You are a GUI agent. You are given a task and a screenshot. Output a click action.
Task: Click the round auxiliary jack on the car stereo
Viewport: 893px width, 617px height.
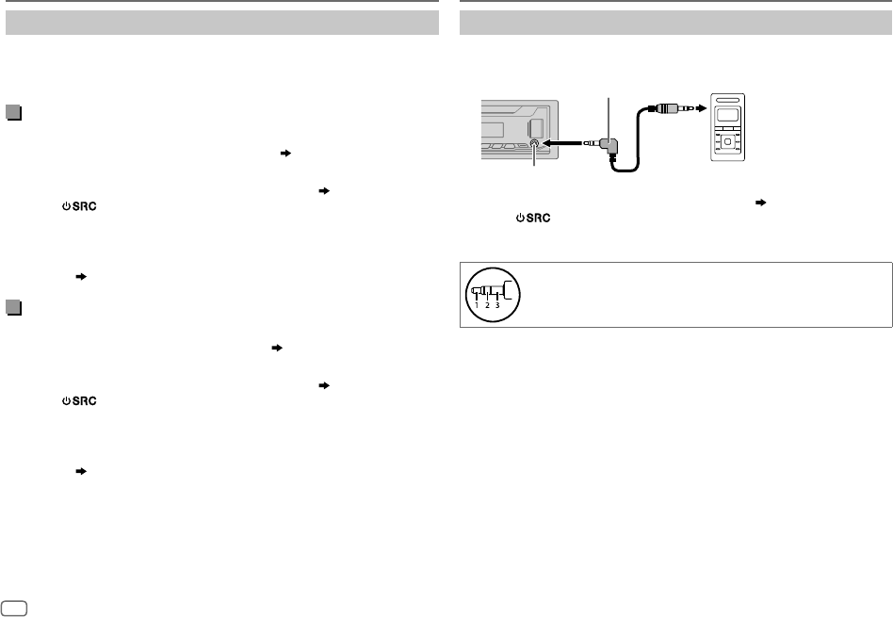click(534, 144)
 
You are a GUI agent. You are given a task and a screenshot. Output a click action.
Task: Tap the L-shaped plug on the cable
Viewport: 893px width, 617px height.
click(610, 146)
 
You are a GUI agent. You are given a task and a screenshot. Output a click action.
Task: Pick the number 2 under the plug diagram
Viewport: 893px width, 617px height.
click(487, 305)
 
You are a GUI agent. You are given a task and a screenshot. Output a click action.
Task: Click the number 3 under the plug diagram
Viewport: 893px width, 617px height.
click(496, 305)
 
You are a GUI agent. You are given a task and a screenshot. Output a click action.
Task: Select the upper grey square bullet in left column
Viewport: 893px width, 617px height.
click(13, 113)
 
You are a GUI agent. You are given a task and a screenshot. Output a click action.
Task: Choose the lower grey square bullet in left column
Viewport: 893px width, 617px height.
click(13, 307)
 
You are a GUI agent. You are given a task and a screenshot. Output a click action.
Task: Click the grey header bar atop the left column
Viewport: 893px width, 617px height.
click(222, 23)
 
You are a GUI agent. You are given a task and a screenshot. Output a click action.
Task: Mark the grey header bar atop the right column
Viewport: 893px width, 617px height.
click(675, 23)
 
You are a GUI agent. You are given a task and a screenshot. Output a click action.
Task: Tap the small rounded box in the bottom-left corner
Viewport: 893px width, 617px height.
click(14, 604)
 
